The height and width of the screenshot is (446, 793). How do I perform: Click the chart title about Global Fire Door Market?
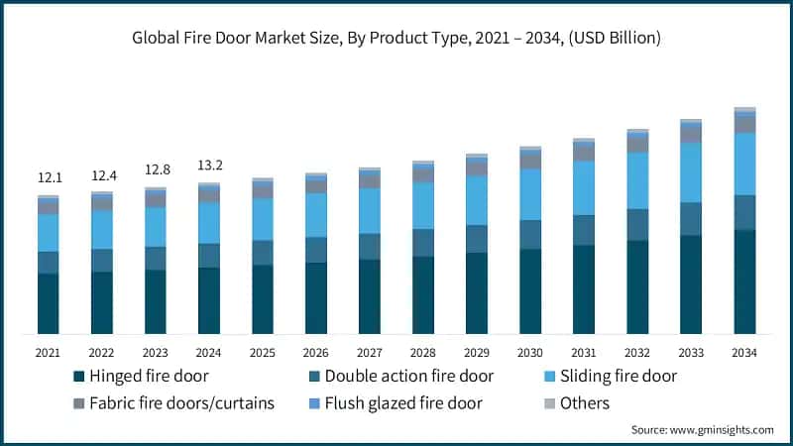click(x=396, y=39)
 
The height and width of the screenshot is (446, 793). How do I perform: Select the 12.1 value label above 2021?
click(x=49, y=177)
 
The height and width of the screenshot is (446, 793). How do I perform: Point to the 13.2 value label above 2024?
click(x=209, y=165)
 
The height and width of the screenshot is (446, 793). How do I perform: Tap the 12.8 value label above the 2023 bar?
click(x=156, y=168)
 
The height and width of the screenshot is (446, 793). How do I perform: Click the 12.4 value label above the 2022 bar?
click(x=102, y=175)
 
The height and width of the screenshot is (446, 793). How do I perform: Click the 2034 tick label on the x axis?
click(x=744, y=352)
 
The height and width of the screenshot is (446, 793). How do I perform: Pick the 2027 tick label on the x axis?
click(x=370, y=352)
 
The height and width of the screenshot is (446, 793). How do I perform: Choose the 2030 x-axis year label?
click(x=530, y=352)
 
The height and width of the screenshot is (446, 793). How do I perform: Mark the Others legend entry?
click(x=584, y=403)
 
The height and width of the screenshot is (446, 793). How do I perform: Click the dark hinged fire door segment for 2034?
click(x=744, y=281)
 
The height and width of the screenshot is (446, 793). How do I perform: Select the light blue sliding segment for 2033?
click(x=691, y=172)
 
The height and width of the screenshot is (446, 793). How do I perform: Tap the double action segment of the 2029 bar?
click(x=477, y=239)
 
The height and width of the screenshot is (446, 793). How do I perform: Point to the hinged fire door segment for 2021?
click(x=49, y=303)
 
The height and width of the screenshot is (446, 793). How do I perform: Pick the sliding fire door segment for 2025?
click(x=263, y=219)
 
